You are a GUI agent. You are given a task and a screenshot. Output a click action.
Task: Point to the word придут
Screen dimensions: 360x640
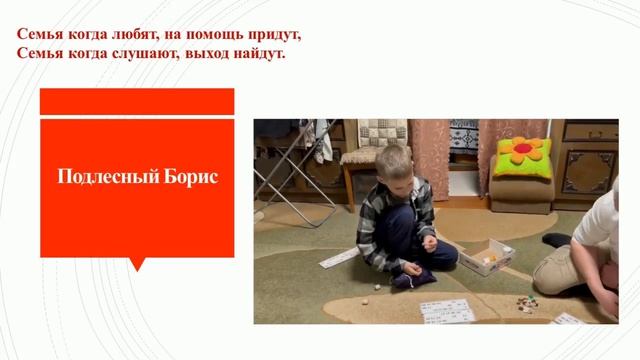coord(274,34)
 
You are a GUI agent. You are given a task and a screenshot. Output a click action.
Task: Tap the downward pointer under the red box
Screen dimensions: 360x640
coord(137,264)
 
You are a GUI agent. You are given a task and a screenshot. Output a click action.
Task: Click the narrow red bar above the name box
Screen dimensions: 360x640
coord(136,101)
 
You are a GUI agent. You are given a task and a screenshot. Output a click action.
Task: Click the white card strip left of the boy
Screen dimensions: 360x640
coord(338,258)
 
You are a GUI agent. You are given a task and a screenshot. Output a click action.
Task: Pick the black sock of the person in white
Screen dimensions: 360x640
coord(556,240)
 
